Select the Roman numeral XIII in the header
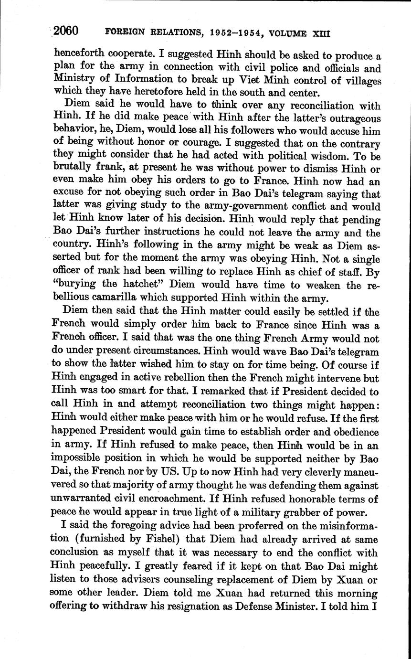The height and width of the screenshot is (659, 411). coord(321,34)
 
